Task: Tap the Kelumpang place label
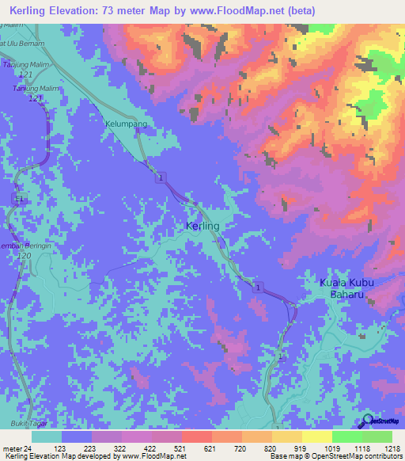pos(126,124)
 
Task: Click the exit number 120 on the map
pos(24,257)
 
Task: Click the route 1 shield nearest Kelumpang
pos(161,177)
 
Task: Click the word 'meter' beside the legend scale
pos(11,448)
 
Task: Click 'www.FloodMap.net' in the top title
pos(239,11)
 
